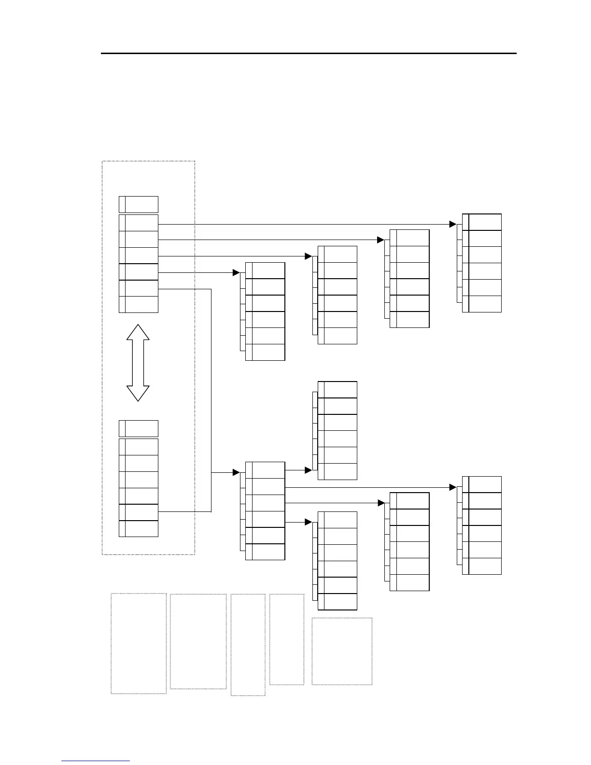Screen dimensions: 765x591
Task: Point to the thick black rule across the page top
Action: (309, 53)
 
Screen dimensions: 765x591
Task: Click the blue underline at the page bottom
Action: (96, 761)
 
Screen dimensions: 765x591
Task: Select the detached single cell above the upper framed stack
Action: (139, 204)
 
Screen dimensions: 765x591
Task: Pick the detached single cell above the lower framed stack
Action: (139, 428)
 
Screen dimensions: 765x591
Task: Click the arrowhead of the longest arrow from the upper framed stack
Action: (453, 224)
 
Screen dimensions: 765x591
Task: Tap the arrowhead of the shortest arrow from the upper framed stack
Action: (237, 272)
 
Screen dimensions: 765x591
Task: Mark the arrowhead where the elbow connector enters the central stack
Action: (237, 472)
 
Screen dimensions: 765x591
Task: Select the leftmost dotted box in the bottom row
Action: (139, 643)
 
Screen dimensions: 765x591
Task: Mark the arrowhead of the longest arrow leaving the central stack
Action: (453, 487)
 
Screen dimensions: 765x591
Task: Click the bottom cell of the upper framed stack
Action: (139, 304)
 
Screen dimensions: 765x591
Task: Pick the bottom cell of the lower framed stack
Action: (139, 528)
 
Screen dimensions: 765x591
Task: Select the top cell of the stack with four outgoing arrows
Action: (265, 470)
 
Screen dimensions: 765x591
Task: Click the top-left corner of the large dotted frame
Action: (102, 161)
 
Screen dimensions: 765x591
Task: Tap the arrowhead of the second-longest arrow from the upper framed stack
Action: (380, 240)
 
